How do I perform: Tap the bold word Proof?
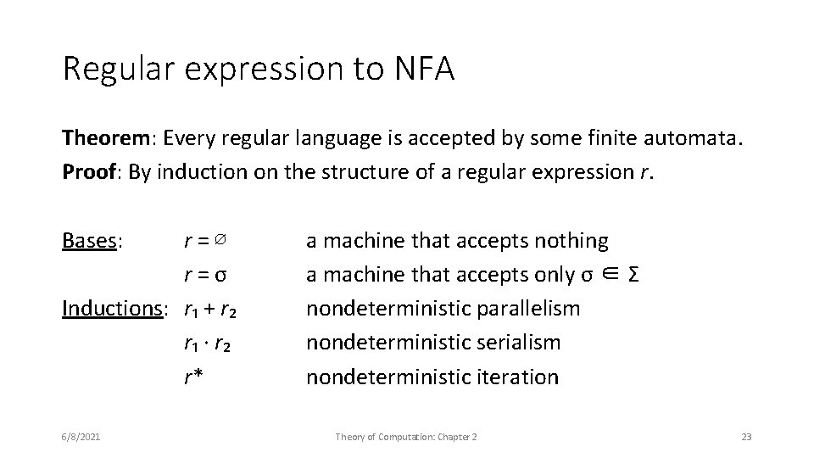[x=87, y=171]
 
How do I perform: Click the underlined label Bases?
[x=92, y=241]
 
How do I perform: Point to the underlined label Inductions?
[x=113, y=308]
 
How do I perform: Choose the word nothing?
[x=571, y=241]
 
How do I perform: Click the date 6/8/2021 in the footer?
[x=81, y=437]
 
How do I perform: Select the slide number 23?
[x=746, y=437]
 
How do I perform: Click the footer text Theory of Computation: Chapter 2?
[x=406, y=437]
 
